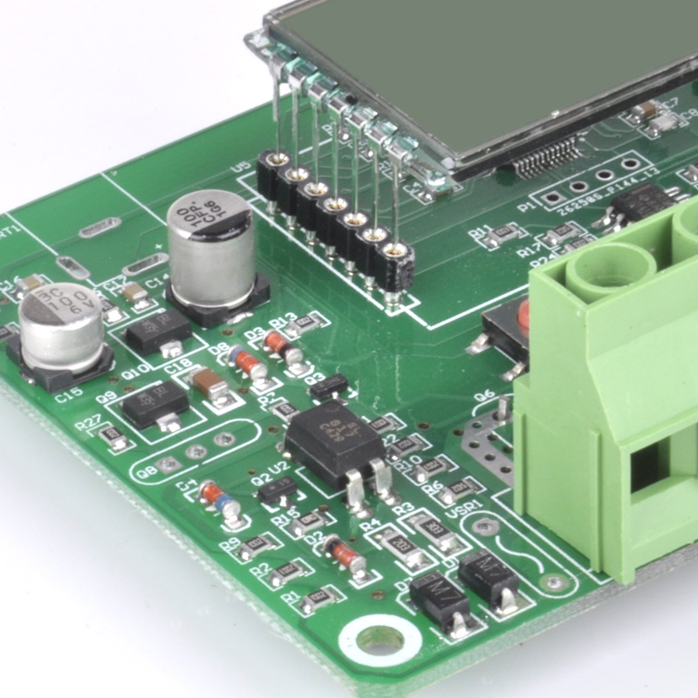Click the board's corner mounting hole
pos(380,641)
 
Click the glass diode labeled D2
pos(345,555)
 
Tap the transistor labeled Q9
pos(154,403)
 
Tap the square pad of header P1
pos(552,199)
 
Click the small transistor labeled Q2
pos(278,491)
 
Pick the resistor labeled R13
pos(305,323)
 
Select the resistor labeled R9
pos(257,547)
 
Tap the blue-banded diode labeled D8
pos(248,361)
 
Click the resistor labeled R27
pos(112,435)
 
